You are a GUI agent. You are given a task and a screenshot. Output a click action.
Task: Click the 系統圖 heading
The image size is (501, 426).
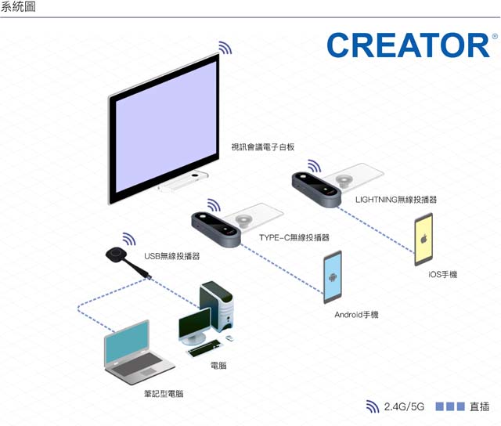(18, 6)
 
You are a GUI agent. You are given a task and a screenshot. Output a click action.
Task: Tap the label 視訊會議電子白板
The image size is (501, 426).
(263, 147)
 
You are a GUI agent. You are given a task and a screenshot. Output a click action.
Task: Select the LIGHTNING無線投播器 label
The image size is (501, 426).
(396, 200)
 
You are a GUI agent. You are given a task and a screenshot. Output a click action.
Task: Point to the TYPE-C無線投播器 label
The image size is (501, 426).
(294, 237)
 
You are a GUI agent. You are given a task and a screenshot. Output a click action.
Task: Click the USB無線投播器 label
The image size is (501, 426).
(172, 256)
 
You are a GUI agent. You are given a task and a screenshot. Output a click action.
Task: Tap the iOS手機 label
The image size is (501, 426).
(443, 274)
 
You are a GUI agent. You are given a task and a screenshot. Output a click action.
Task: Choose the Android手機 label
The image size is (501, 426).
(356, 315)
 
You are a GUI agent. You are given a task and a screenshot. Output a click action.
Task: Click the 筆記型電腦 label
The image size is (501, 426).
(164, 393)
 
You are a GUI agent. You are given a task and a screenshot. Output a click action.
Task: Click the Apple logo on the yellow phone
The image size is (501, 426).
(424, 238)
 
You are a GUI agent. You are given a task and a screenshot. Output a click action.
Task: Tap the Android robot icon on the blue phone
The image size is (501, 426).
(333, 276)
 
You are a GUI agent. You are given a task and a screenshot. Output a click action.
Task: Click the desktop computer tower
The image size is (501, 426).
(217, 305)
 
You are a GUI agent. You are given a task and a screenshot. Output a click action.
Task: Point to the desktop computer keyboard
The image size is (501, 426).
(204, 348)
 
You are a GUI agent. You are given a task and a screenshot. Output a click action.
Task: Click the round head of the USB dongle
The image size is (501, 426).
(115, 255)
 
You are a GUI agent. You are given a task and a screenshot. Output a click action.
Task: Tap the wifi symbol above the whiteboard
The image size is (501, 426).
(225, 48)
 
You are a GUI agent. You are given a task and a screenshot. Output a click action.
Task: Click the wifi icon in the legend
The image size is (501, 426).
(373, 406)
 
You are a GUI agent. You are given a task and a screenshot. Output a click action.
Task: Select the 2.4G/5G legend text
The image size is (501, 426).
(404, 407)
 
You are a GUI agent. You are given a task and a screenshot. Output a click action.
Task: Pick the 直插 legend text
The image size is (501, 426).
(479, 407)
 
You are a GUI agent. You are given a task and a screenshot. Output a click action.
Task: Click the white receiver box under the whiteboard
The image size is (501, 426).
(183, 182)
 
